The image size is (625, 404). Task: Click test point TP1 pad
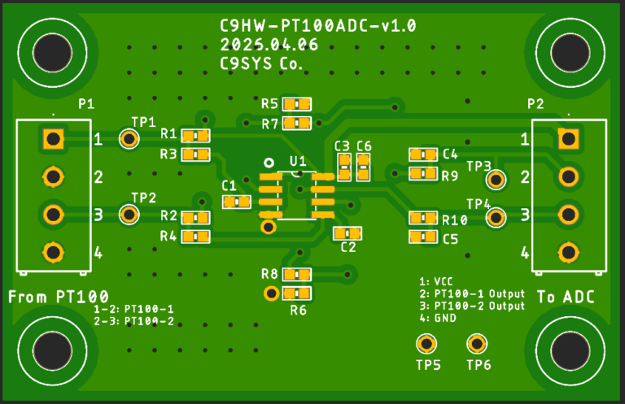pos(129,139)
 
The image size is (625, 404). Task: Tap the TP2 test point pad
pos(129,214)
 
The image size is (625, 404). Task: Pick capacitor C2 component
pos(347,233)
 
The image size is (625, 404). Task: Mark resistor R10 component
pos(423,218)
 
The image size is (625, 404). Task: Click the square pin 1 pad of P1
pos(53,138)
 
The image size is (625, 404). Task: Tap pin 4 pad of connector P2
pos(569,252)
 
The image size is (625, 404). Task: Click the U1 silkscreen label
pos(298,161)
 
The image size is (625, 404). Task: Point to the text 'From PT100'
pos(59,297)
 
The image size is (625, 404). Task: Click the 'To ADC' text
pos(567,298)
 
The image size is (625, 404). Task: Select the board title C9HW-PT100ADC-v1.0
pos(318,26)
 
